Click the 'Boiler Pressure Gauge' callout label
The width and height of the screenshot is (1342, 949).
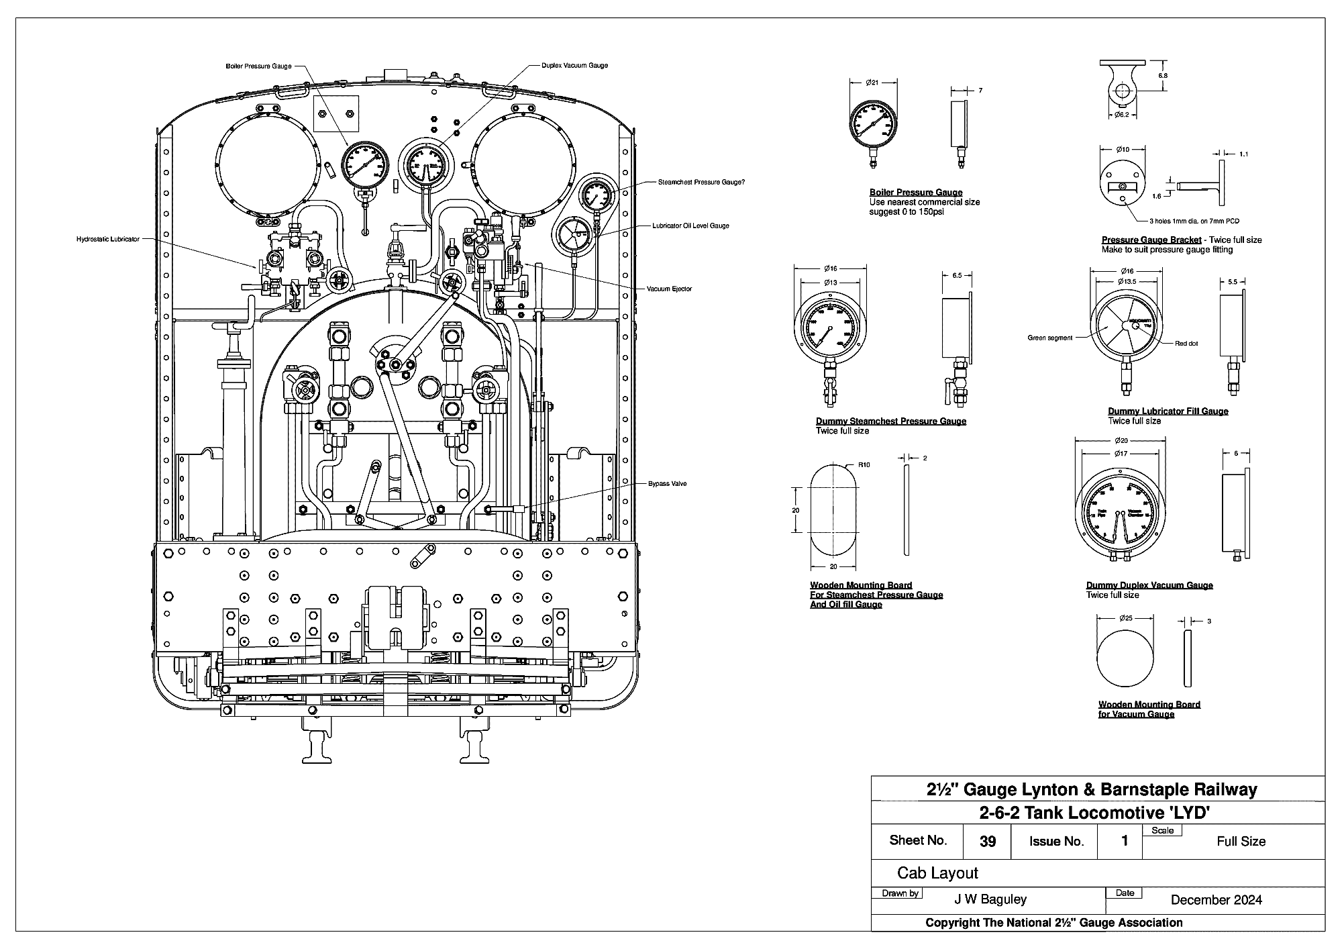point(258,66)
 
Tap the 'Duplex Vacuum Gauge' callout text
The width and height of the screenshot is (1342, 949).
point(574,66)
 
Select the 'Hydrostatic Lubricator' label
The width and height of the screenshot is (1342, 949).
point(107,239)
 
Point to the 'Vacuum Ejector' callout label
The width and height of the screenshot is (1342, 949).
point(669,289)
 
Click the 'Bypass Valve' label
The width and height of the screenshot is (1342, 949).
point(667,483)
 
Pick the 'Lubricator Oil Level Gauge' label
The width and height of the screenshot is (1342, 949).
point(690,226)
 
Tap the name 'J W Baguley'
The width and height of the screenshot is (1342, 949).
point(990,899)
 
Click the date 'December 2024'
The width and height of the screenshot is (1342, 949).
point(1216,900)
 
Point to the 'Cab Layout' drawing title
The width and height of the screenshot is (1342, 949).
point(937,873)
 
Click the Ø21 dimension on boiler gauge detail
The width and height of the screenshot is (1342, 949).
point(872,83)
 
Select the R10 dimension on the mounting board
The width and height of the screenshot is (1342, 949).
point(864,464)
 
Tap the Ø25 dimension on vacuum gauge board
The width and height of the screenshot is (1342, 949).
point(1127,617)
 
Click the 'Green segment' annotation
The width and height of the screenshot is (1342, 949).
point(1050,338)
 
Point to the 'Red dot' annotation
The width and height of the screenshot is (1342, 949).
point(1186,344)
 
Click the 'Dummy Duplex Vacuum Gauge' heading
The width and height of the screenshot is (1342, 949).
point(1149,585)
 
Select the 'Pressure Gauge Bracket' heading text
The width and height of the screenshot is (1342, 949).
point(1151,240)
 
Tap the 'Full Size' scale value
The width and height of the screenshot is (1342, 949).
point(1241,842)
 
